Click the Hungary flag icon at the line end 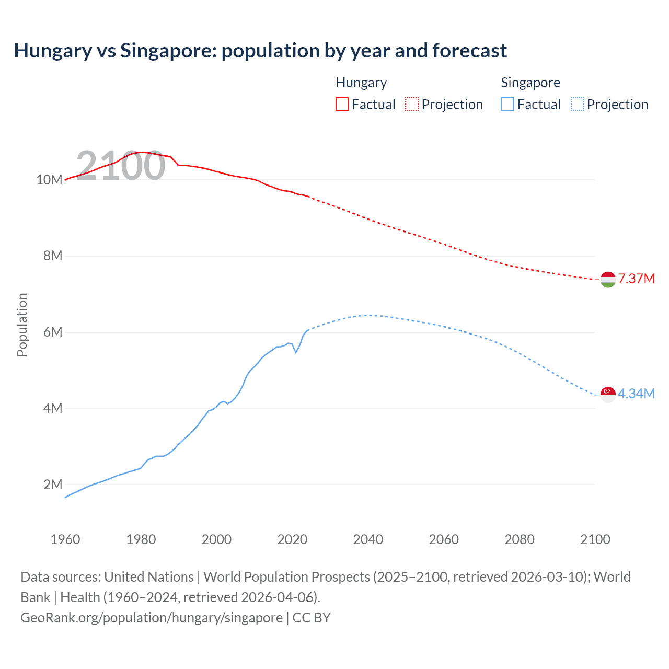point(608,280)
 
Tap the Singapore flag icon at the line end point(608,394)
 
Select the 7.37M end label point(636,279)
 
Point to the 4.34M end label point(636,394)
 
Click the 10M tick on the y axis point(49,180)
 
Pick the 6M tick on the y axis point(52,332)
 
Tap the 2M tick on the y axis point(52,485)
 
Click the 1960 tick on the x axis point(65,539)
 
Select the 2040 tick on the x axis point(368,539)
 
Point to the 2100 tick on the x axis point(595,539)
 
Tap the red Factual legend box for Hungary point(342,104)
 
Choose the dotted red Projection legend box point(412,104)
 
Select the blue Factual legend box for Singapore point(507,104)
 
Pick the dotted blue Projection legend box point(577,104)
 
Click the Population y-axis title point(22,325)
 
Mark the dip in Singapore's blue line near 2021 point(296,352)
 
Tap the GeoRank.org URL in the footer point(152,618)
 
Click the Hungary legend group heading point(361,83)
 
